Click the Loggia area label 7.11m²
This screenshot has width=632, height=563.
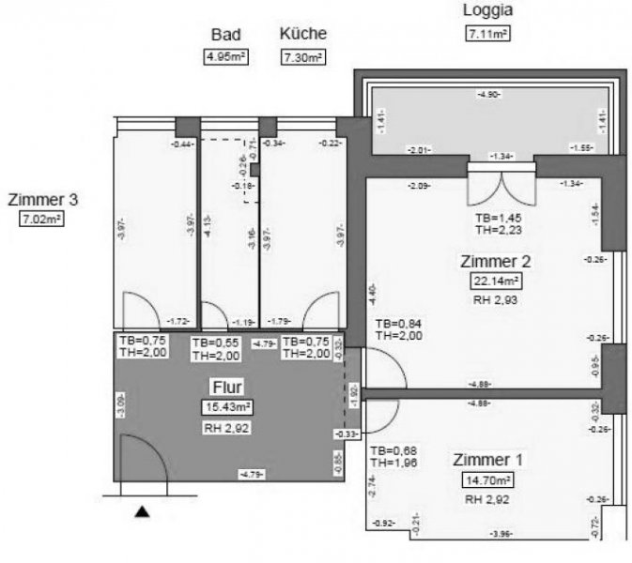(487, 35)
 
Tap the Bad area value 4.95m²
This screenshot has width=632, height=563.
(225, 56)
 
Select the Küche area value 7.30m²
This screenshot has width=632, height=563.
(303, 56)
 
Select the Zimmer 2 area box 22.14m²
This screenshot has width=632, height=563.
(497, 280)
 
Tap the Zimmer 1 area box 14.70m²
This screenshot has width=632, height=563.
(487, 480)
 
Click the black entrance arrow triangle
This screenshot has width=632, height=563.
(142, 511)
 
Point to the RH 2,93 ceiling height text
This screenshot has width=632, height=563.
(497, 300)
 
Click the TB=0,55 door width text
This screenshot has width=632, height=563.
(214, 342)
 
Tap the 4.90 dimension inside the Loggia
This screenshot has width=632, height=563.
(488, 95)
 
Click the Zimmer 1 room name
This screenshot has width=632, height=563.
(487, 460)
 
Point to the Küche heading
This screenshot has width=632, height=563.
(303, 34)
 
